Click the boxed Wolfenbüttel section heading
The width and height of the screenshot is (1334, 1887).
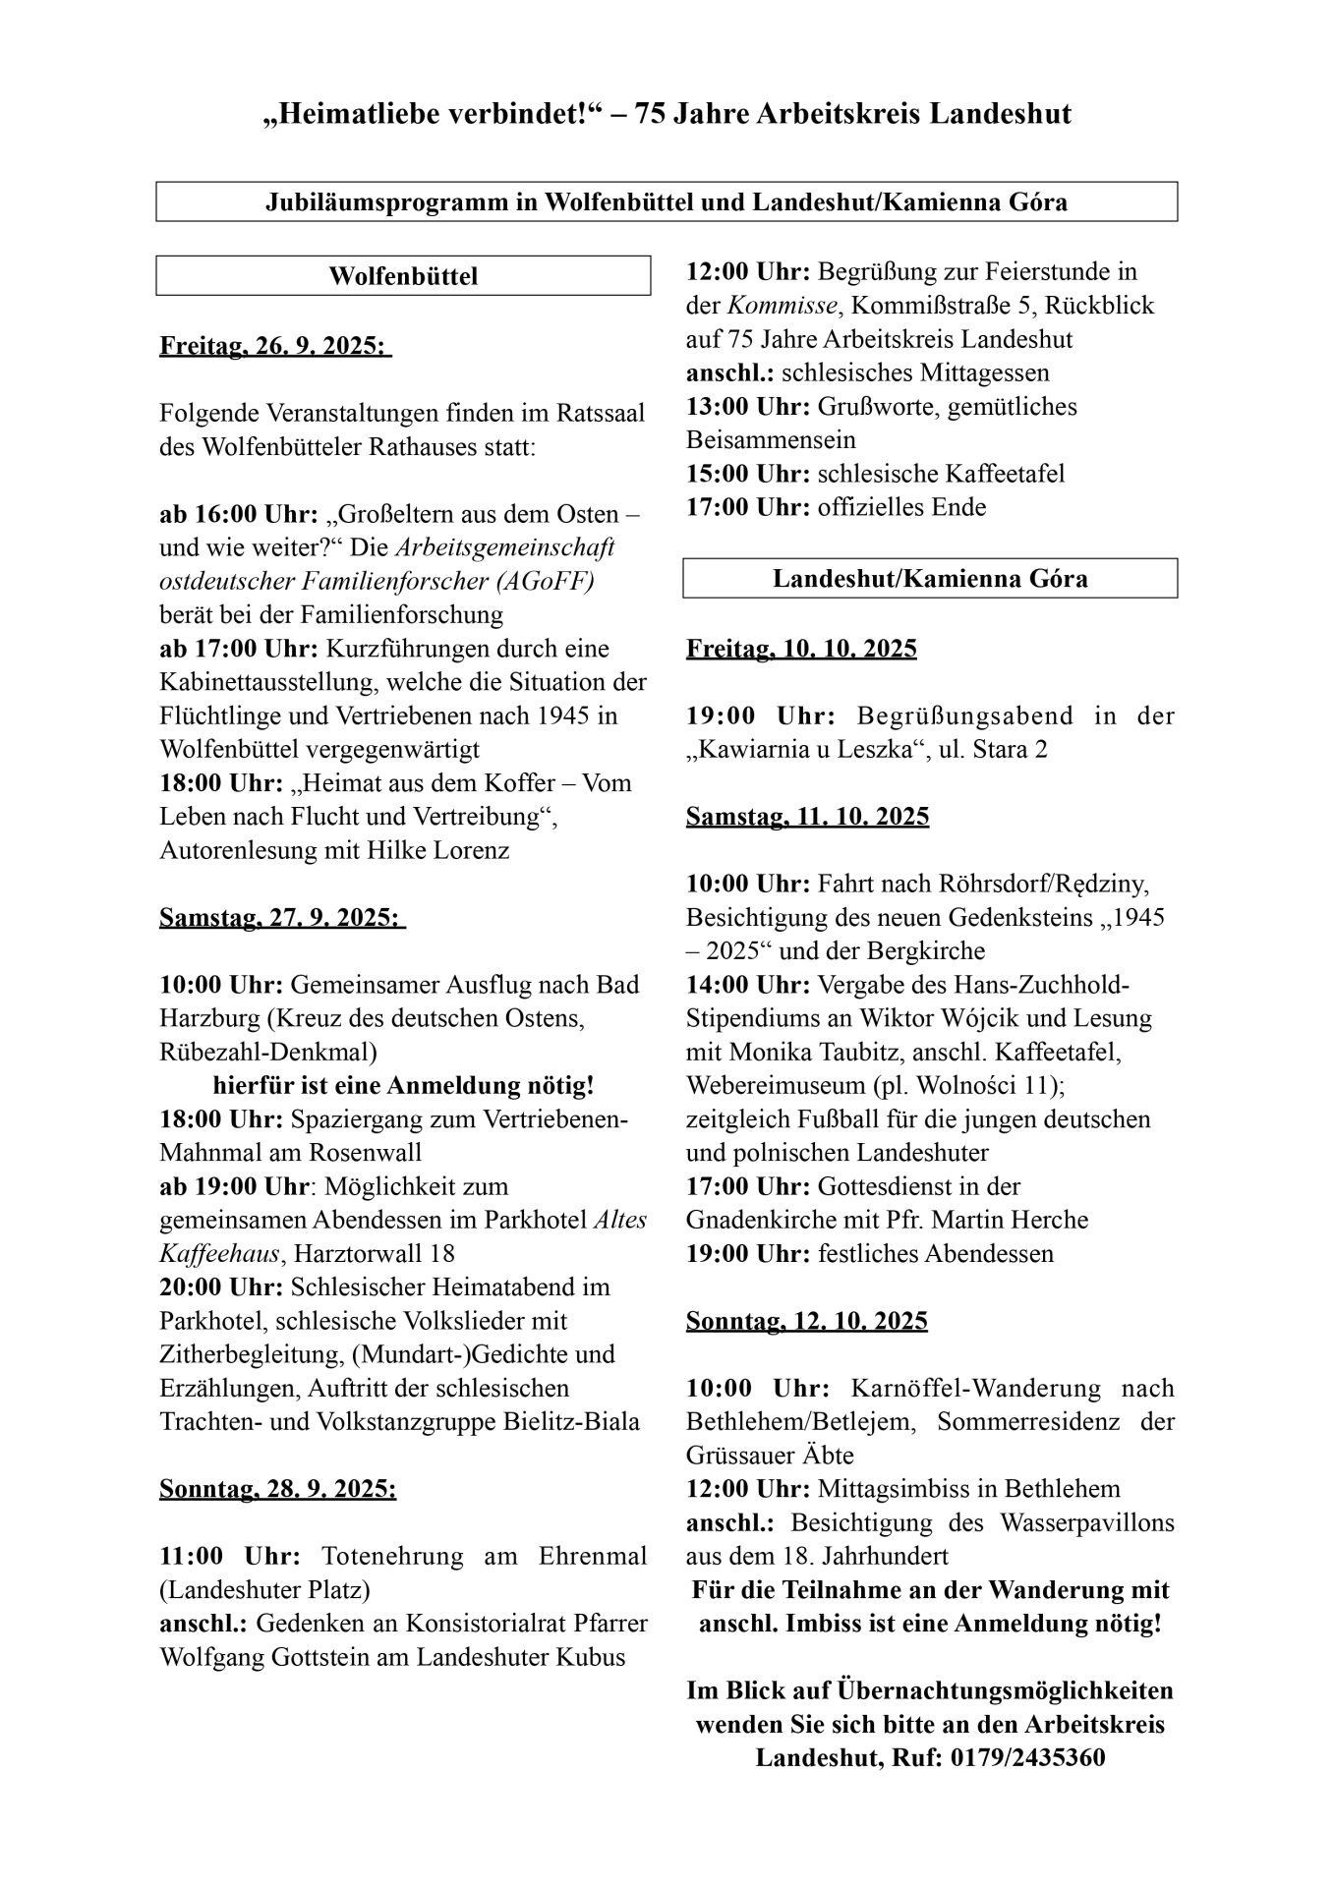[403, 276]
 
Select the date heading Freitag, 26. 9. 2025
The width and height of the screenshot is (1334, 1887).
[274, 347]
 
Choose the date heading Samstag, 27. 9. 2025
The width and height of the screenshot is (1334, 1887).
[281, 918]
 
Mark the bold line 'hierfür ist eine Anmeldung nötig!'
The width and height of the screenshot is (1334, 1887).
[403, 1086]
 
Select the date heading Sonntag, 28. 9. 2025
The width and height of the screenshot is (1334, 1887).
[278, 1490]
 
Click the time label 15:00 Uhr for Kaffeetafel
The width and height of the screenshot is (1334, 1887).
[748, 474]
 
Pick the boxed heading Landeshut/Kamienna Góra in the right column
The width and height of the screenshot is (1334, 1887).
[930, 578]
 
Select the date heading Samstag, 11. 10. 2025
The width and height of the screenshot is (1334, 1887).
[807, 817]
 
